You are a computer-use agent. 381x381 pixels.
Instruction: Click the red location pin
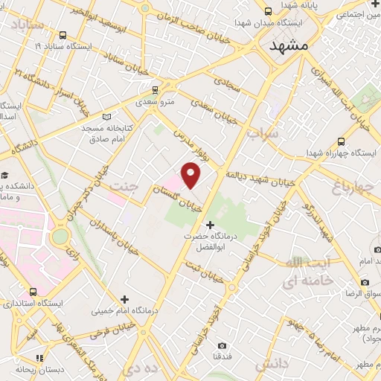click(191, 176)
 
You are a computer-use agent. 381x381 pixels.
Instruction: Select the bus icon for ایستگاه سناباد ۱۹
click(62, 35)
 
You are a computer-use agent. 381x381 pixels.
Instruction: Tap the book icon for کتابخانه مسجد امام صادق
click(107, 117)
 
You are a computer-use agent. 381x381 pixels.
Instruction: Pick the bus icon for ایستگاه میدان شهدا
click(267, 12)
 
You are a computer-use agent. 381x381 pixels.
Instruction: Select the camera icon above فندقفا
click(222, 345)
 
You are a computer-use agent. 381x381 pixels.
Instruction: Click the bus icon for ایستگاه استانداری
click(32, 292)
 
